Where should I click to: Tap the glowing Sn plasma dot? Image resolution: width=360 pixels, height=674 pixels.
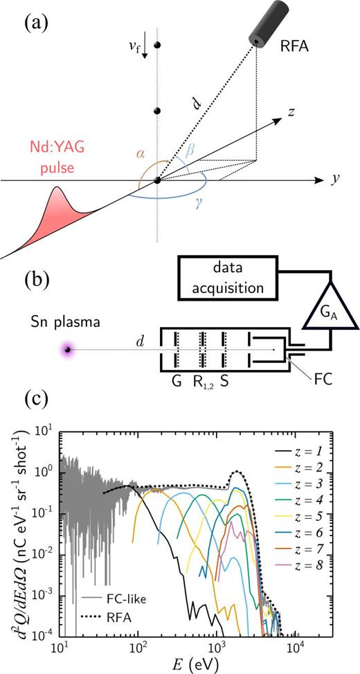tap(66, 350)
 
